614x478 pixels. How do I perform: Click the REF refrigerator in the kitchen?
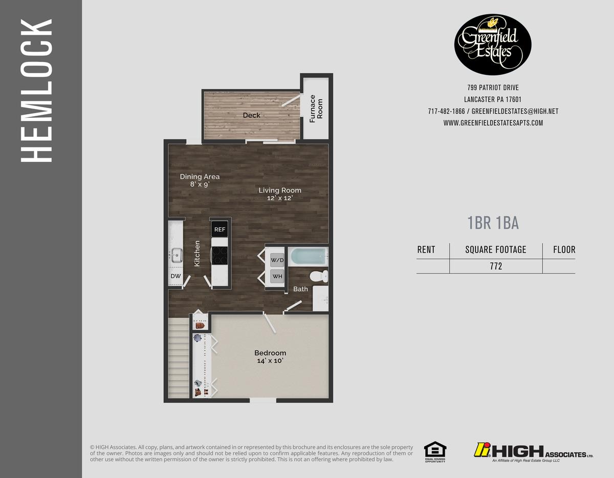[x=220, y=229]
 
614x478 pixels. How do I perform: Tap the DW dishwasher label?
[x=176, y=276]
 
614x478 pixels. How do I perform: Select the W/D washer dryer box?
[x=277, y=260]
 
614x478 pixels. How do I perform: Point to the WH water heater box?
[x=277, y=277]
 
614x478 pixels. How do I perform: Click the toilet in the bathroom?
[x=318, y=276]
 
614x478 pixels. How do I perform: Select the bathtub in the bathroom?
[x=308, y=256]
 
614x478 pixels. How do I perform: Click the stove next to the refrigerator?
[x=220, y=255]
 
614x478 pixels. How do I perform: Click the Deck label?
[x=251, y=115]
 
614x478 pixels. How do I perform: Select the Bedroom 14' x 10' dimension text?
[x=270, y=361]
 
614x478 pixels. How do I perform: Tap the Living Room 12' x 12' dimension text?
[x=279, y=198]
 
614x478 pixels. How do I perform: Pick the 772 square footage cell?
[x=495, y=266]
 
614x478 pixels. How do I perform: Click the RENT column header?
[x=426, y=250]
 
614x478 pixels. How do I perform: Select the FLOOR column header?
[x=564, y=250]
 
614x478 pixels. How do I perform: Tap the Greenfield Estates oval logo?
[x=493, y=45]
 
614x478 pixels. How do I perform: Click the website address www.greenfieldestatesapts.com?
[x=493, y=123]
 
